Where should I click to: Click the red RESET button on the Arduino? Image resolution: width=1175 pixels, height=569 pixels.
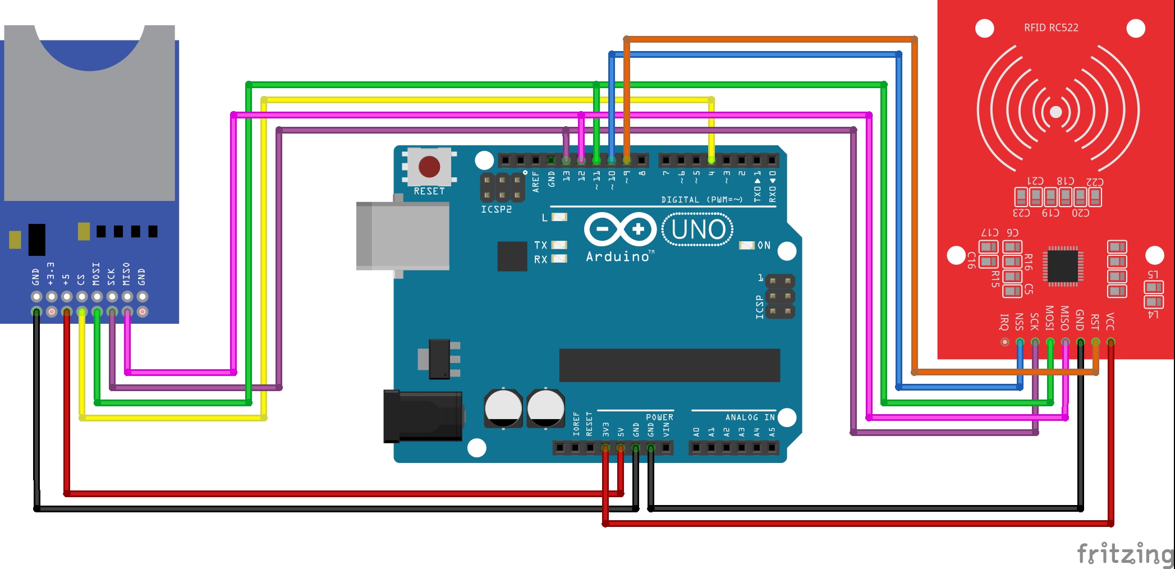[x=429, y=167]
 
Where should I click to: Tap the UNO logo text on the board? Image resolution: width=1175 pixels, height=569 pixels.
[x=698, y=230]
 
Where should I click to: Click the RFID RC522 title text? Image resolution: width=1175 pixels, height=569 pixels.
[x=1051, y=27]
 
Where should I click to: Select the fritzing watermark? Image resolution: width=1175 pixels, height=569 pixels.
[x=1124, y=553]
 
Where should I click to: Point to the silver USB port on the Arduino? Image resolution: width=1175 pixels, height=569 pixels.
[x=402, y=236]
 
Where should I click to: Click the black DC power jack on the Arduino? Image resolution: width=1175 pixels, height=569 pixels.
[x=423, y=416]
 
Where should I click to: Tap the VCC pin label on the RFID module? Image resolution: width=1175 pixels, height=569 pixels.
[x=1110, y=322]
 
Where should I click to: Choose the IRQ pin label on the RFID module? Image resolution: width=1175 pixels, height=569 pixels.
[x=1004, y=322]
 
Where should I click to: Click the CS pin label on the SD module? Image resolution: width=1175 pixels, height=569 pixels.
[x=81, y=279]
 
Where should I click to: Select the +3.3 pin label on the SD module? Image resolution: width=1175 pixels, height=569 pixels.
[x=51, y=274]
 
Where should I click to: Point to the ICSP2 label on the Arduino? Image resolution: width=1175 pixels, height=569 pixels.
[x=496, y=209]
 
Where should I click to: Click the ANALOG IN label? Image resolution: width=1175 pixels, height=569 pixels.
[x=750, y=417]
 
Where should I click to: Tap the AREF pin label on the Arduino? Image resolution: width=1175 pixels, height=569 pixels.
[x=535, y=182]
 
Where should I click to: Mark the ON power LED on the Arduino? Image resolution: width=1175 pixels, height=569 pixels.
[x=747, y=245]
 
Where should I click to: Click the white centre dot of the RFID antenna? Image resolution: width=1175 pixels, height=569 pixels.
[x=1055, y=112]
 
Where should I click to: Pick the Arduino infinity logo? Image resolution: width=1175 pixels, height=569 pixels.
[x=620, y=229]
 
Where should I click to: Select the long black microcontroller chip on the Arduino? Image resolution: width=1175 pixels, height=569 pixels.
[x=669, y=365]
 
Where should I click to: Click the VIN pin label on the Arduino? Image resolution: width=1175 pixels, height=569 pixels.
[x=666, y=429]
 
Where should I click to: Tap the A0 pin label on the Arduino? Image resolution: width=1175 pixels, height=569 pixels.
[x=696, y=432]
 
